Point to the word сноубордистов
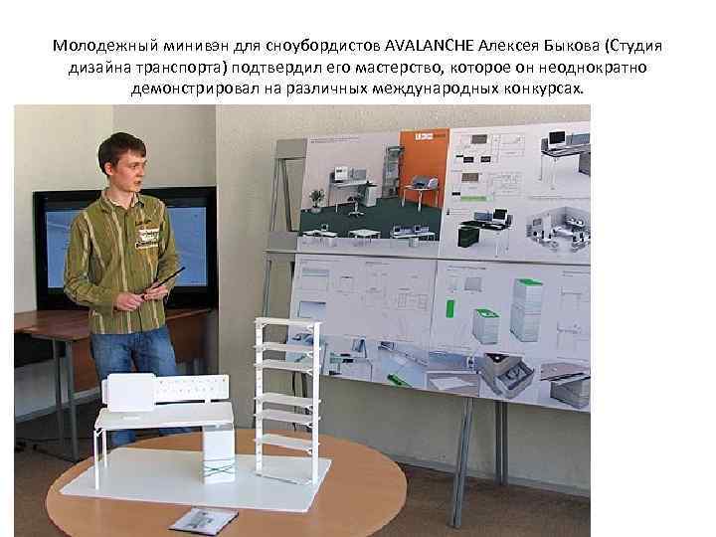[327, 47]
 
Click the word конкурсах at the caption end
[543, 89]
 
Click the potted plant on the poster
[316, 199]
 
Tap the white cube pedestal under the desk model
[218, 454]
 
